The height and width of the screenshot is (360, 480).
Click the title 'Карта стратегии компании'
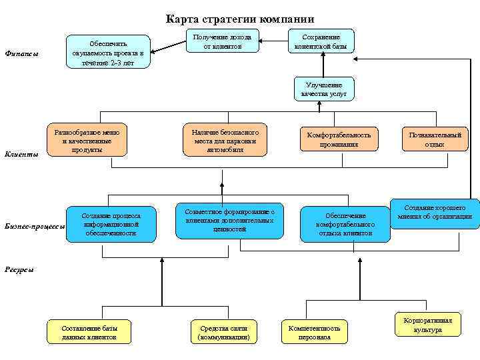(239, 19)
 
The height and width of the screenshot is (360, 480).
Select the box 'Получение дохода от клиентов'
(222, 41)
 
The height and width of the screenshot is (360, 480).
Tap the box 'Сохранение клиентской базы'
(321, 41)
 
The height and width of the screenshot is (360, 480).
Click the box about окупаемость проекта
(109, 51)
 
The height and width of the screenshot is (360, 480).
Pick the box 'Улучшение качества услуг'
(325, 89)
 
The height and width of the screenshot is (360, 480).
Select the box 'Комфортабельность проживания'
(339, 140)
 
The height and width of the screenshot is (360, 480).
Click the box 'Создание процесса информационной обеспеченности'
(111, 225)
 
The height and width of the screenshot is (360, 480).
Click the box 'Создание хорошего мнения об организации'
(435, 213)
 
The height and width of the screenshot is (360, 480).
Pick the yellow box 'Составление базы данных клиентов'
(89, 333)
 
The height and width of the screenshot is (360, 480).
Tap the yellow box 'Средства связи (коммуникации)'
(224, 333)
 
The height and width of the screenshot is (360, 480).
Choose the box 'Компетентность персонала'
(314, 333)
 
